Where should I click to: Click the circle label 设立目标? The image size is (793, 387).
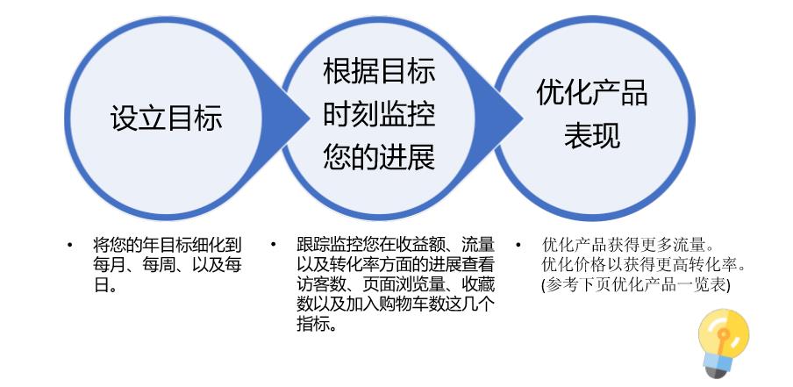tap(166, 118)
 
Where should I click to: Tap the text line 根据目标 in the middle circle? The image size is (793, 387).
tap(378, 72)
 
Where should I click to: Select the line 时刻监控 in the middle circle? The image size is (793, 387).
tap(378, 115)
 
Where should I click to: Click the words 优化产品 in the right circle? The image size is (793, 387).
tap(592, 93)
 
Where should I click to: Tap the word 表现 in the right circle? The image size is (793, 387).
tap(592, 136)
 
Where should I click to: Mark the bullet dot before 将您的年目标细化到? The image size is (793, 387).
tap(70, 245)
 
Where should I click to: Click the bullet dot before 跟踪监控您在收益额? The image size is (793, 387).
tap(274, 245)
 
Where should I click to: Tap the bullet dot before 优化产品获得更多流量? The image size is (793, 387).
tap(518, 245)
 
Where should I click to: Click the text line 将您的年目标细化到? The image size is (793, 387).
tap(167, 245)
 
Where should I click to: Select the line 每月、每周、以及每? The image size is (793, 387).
tap(167, 264)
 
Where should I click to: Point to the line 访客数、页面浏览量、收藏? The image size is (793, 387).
tap(396, 284)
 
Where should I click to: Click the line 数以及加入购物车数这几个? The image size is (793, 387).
tap(396, 305)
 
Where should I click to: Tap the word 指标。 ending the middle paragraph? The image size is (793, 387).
tap(317, 325)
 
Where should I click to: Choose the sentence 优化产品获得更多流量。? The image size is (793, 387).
tap(629, 245)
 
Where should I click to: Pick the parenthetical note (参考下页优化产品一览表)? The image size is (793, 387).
tap(635, 284)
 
